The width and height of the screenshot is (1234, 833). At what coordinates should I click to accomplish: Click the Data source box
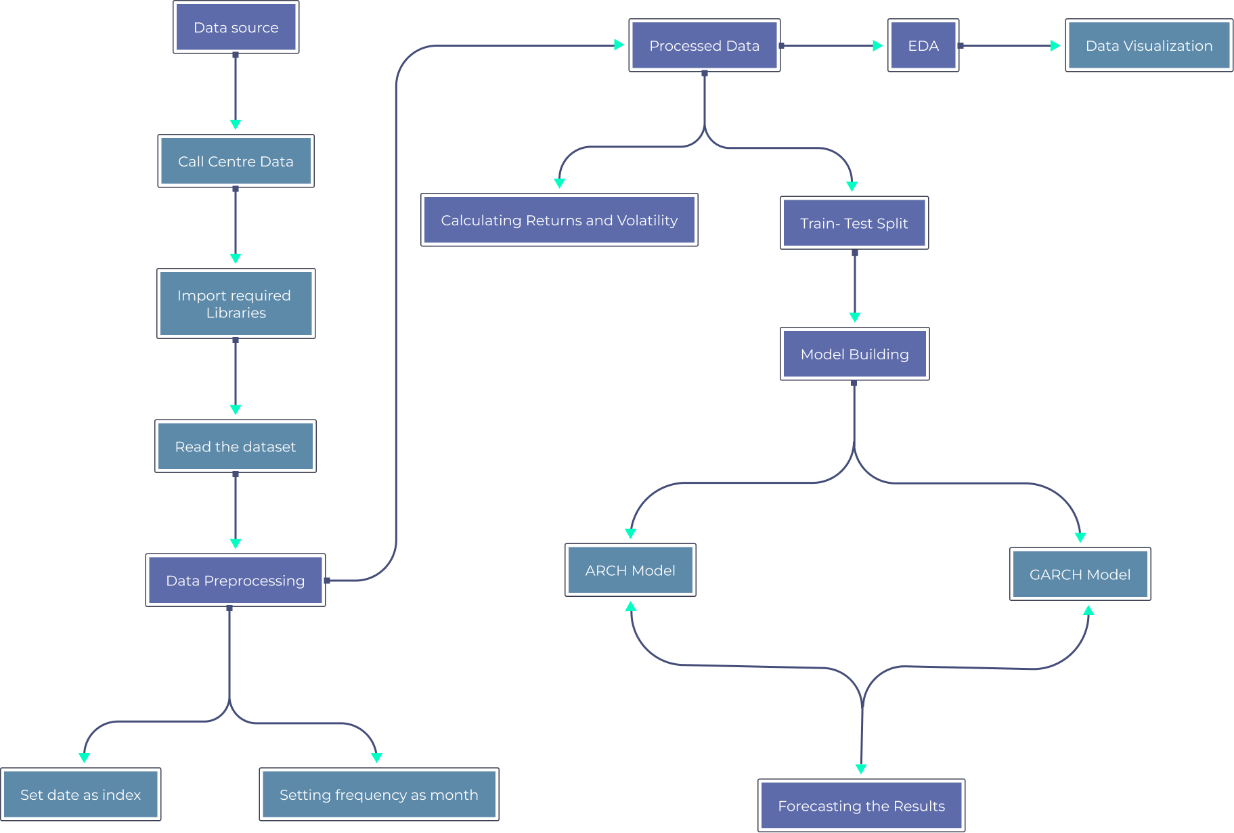(x=236, y=28)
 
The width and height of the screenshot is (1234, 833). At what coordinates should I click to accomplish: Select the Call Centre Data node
(x=236, y=161)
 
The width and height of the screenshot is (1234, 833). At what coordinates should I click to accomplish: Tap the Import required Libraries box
(x=236, y=304)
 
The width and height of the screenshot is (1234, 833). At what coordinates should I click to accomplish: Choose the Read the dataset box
(x=236, y=447)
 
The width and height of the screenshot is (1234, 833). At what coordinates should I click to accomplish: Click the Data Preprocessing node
(x=236, y=581)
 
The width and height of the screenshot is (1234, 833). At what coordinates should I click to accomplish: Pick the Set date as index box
(x=81, y=794)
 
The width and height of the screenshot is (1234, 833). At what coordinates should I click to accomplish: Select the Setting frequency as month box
(x=378, y=794)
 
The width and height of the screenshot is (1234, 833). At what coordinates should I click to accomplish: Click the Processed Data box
(x=704, y=46)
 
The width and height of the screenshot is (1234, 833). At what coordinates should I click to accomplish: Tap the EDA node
(x=923, y=46)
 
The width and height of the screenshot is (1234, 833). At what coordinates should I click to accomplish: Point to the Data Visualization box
(x=1149, y=46)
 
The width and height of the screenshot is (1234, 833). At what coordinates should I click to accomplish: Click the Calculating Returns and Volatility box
(x=559, y=221)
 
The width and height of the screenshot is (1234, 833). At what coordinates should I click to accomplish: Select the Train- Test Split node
(x=854, y=223)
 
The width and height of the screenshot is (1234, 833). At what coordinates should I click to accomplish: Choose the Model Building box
(x=854, y=355)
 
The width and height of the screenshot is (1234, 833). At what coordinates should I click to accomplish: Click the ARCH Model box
(x=630, y=570)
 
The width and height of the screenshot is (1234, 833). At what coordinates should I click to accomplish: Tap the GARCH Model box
(x=1080, y=575)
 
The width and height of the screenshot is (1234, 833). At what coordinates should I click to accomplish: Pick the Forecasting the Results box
(x=861, y=806)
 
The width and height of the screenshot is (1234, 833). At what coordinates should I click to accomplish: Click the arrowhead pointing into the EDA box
(x=877, y=46)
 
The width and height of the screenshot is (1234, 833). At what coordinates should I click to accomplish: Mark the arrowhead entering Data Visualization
(x=1055, y=46)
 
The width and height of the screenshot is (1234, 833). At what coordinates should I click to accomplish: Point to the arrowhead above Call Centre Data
(x=236, y=125)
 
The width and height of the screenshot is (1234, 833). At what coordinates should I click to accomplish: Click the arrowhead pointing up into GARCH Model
(x=1088, y=610)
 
